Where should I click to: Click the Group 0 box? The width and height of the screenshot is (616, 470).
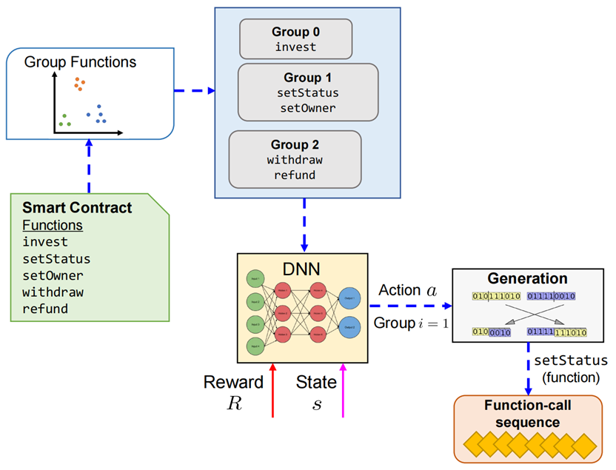coord(295,39)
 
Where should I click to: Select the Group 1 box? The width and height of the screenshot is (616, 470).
coord(307,92)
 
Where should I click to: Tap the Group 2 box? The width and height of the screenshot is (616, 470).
coord(295,159)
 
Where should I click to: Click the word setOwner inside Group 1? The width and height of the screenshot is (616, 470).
coord(307,107)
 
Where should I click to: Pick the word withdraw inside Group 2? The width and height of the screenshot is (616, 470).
coord(295,160)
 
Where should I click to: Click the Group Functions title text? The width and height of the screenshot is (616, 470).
coord(80,62)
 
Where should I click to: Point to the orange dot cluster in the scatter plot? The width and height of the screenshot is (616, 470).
coord(78,84)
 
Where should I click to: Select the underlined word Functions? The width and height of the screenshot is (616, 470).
coord(53,225)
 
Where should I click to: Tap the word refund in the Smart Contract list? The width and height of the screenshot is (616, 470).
coord(45,308)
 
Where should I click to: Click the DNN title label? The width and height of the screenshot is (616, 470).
coord(303,269)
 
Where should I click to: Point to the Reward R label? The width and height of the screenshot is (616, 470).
coord(233,392)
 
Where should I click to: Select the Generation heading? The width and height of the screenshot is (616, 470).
coord(527,279)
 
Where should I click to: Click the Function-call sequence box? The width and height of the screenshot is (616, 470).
coord(529,429)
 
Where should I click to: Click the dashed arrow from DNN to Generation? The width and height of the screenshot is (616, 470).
coord(409,306)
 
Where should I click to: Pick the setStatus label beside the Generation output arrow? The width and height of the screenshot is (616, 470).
coord(571,361)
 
